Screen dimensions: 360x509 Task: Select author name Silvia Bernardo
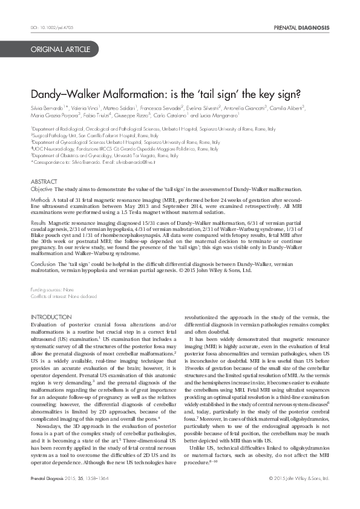(x=48, y=108)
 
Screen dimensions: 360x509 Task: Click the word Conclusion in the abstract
(x=44, y=265)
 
